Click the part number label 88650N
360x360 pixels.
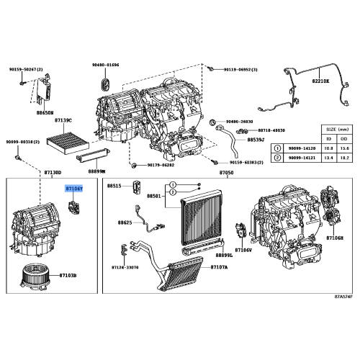pyautogui.click(x=45, y=112)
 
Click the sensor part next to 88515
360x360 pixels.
pyautogui.click(x=135, y=188)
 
